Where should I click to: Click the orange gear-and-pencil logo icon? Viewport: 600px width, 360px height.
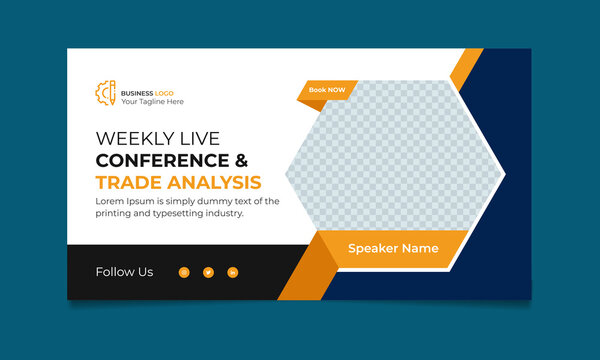[x=105, y=92]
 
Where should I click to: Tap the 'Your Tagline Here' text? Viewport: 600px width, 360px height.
[x=152, y=102]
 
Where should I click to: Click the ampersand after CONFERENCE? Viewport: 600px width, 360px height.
[x=241, y=160]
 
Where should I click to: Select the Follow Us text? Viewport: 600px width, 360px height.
[x=124, y=272]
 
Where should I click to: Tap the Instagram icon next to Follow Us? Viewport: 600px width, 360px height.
[x=184, y=272]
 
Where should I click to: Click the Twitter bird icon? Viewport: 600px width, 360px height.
[x=208, y=272]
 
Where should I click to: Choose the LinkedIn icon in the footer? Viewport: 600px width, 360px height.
[x=233, y=272]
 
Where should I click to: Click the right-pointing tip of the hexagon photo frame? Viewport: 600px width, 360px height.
[x=502, y=175]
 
